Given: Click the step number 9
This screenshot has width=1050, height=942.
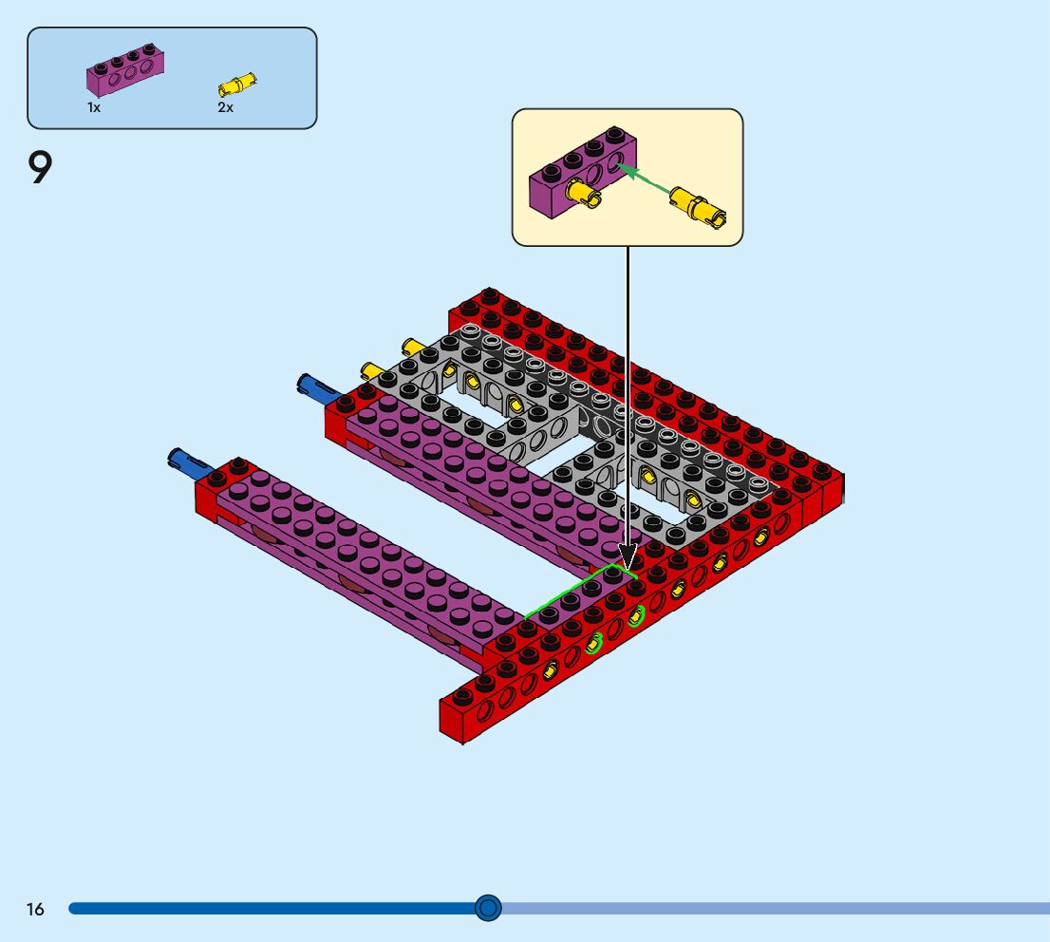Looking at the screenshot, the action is click(40, 167).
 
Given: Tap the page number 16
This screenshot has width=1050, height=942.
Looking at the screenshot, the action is click(35, 909).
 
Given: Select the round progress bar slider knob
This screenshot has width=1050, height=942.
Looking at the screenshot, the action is click(488, 908).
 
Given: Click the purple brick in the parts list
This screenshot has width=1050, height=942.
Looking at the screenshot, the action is click(125, 70).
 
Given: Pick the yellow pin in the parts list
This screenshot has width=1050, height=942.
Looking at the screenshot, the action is click(237, 85).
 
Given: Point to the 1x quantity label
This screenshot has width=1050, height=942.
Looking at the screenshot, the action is click(94, 107).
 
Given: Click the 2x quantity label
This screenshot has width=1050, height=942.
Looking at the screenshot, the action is click(226, 107).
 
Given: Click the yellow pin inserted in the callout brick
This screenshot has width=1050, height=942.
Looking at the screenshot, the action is click(583, 194).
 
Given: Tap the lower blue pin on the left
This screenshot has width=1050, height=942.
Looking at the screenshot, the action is click(190, 462).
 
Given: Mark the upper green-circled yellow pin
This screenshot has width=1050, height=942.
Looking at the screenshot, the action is click(635, 616).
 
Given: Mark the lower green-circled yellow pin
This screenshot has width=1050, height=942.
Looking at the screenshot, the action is click(592, 644).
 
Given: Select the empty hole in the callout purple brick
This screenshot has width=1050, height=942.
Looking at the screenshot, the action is click(614, 162).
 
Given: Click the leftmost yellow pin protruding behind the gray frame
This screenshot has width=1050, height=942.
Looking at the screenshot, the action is click(371, 370).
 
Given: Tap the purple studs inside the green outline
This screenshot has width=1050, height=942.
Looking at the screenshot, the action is click(581, 595).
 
